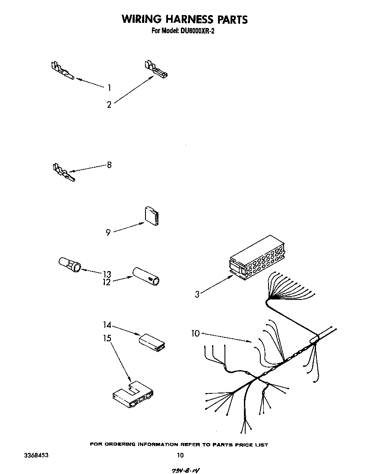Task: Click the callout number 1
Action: click(x=109, y=88)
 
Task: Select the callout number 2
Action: click(x=109, y=104)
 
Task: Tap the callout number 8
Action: click(x=109, y=165)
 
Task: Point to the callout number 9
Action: click(x=108, y=233)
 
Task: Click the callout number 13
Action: click(x=107, y=274)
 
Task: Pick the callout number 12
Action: click(x=107, y=282)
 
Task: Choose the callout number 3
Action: click(x=197, y=295)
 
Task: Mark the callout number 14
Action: click(x=107, y=324)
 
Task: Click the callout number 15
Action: click(x=107, y=338)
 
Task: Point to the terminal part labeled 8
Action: click(x=63, y=172)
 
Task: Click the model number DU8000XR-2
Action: click(x=194, y=31)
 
